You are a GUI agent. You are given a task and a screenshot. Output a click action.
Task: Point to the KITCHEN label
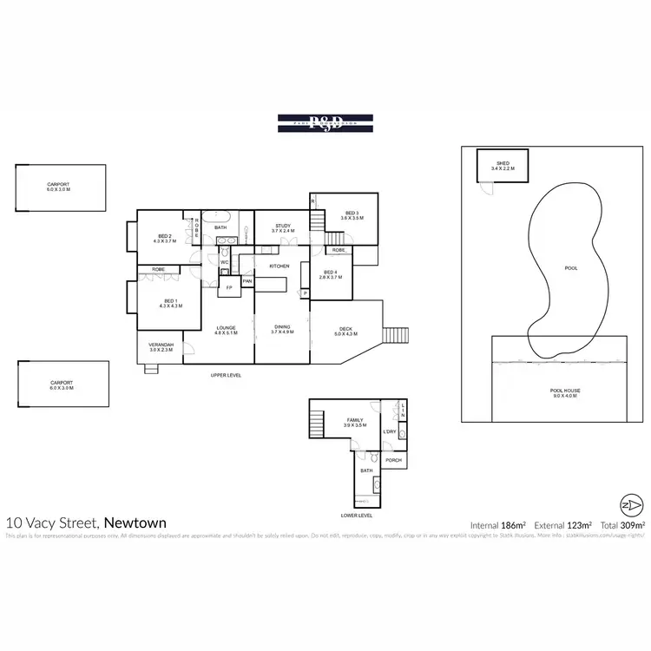279,266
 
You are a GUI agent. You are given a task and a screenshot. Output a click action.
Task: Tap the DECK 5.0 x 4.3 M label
345,331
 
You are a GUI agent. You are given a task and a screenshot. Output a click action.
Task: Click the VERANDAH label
161,346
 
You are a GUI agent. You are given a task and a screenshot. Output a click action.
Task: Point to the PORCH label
393,460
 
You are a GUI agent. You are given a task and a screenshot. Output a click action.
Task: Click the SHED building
502,166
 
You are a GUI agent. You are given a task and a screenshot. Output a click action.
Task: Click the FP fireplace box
229,286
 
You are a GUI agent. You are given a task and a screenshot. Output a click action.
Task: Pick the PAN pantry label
247,280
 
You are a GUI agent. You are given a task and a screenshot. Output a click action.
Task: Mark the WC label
224,262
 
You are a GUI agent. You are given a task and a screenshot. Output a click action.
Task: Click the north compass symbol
633,504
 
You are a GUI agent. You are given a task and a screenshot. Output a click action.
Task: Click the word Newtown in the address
135,523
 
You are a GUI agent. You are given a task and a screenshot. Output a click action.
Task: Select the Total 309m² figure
623,525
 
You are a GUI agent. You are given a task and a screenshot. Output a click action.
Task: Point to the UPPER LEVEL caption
226,375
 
